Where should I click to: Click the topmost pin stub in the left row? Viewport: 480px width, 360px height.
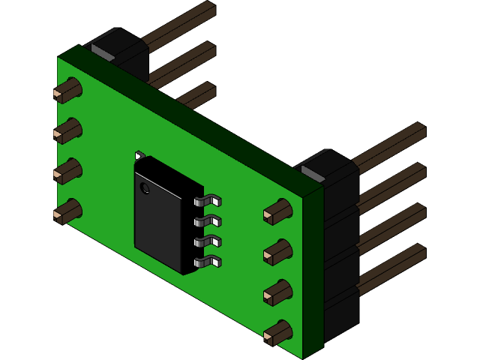click(67, 91)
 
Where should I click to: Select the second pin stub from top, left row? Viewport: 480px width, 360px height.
click(67, 131)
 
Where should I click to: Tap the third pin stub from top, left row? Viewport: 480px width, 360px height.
click(67, 172)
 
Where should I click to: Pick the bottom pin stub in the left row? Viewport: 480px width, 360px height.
click(67, 212)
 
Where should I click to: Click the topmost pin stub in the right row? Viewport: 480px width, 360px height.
click(277, 212)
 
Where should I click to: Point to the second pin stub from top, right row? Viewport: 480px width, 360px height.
click(277, 253)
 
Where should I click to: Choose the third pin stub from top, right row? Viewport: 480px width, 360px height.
click(277, 293)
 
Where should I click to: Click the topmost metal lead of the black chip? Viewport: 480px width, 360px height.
click(208, 201)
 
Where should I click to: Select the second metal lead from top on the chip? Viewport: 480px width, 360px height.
click(208, 221)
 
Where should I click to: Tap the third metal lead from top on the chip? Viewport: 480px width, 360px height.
click(208, 241)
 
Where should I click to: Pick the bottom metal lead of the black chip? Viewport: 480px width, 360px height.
click(208, 262)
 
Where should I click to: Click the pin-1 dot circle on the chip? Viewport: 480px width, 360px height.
click(145, 188)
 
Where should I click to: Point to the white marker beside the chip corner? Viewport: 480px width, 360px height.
click(139, 156)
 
